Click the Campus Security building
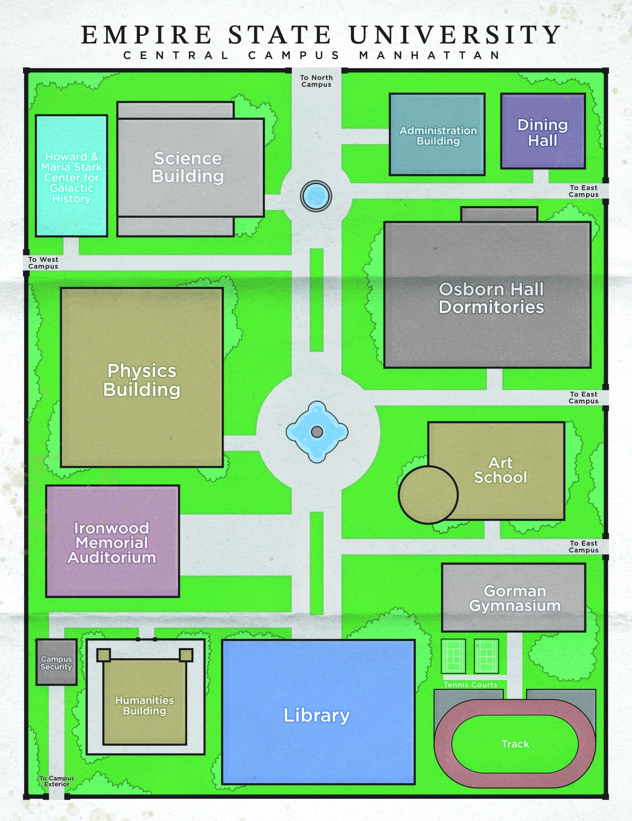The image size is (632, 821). click(x=56, y=662)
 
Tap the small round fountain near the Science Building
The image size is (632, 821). click(x=316, y=196)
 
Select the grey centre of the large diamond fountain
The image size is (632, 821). click(x=317, y=432)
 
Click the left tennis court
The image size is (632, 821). click(x=453, y=656)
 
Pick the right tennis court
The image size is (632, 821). click(x=486, y=656)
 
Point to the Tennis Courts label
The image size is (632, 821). click(x=470, y=685)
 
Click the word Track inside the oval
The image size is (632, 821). click(x=515, y=744)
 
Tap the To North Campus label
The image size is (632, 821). click(x=316, y=81)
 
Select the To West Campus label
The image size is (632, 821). click(x=43, y=263)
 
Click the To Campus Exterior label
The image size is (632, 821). click(x=57, y=781)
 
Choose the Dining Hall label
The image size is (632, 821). click(x=543, y=133)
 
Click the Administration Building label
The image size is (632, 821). click(x=438, y=135)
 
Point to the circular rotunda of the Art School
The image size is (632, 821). click(x=428, y=495)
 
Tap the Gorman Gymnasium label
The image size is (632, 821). click(x=515, y=598)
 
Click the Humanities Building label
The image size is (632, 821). click(x=144, y=705)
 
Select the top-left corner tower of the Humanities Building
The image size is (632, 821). click(x=103, y=655)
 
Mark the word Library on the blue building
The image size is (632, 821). click(x=316, y=715)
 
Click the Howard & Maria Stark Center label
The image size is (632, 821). click(x=71, y=177)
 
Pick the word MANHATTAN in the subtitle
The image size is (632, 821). click(x=430, y=55)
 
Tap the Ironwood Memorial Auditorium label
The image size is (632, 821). click(x=112, y=543)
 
